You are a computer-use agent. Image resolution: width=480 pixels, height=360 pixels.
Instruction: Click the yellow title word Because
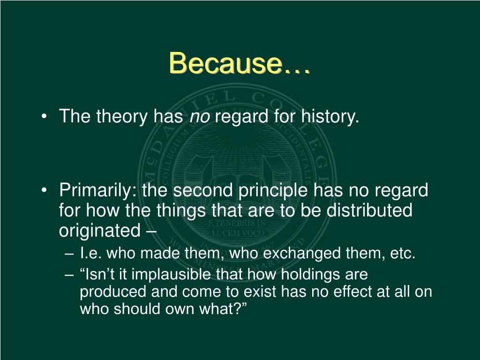pos(225,63)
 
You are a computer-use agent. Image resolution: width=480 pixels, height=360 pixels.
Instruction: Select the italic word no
pos(200,117)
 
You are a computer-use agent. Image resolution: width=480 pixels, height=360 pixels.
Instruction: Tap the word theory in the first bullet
pos(122,117)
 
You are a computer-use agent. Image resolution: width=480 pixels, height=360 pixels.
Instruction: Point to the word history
pos(330,117)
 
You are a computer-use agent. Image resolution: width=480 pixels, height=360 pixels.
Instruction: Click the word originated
pos(100,231)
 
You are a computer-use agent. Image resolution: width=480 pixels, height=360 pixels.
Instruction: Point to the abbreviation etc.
pos(403,254)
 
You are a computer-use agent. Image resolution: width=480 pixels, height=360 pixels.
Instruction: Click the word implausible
pos(171,274)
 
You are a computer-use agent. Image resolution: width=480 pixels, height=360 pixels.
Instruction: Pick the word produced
pos(113,292)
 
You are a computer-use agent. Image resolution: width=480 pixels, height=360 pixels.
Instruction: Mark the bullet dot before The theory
pos(45,117)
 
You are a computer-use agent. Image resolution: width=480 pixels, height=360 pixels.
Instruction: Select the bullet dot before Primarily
pos(45,190)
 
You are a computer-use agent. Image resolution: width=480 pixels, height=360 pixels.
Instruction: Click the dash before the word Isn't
pos(69,275)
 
